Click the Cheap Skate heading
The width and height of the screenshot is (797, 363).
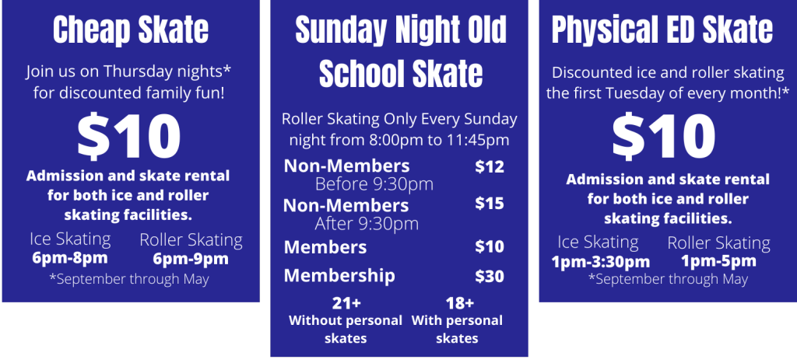(x=131, y=30)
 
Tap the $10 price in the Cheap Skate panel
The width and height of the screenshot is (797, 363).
(x=129, y=137)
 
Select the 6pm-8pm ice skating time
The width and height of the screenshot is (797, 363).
(x=70, y=258)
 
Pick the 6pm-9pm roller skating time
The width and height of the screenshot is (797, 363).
(x=191, y=259)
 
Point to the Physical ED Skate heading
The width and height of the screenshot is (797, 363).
(x=662, y=30)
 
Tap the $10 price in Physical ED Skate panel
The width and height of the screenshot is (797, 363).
(x=664, y=137)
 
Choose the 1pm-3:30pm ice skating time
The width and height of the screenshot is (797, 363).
(x=601, y=262)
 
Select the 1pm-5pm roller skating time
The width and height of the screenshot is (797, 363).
(x=718, y=262)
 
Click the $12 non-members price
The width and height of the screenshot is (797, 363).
(x=490, y=167)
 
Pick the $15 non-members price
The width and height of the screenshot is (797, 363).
(x=490, y=204)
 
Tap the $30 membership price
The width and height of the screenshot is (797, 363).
(x=490, y=276)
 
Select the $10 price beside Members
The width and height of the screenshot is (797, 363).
(x=490, y=246)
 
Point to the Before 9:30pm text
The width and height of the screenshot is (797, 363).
(x=374, y=184)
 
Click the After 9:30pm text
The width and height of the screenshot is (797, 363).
(x=367, y=223)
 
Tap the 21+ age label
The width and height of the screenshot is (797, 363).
(x=346, y=304)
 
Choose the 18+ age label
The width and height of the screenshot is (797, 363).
(x=459, y=304)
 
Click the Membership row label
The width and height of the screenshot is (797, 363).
(x=339, y=276)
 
